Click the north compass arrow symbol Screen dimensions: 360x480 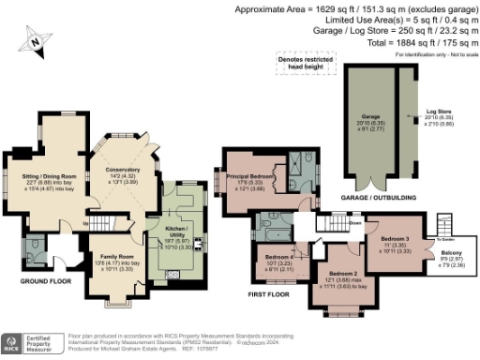[36, 40]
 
